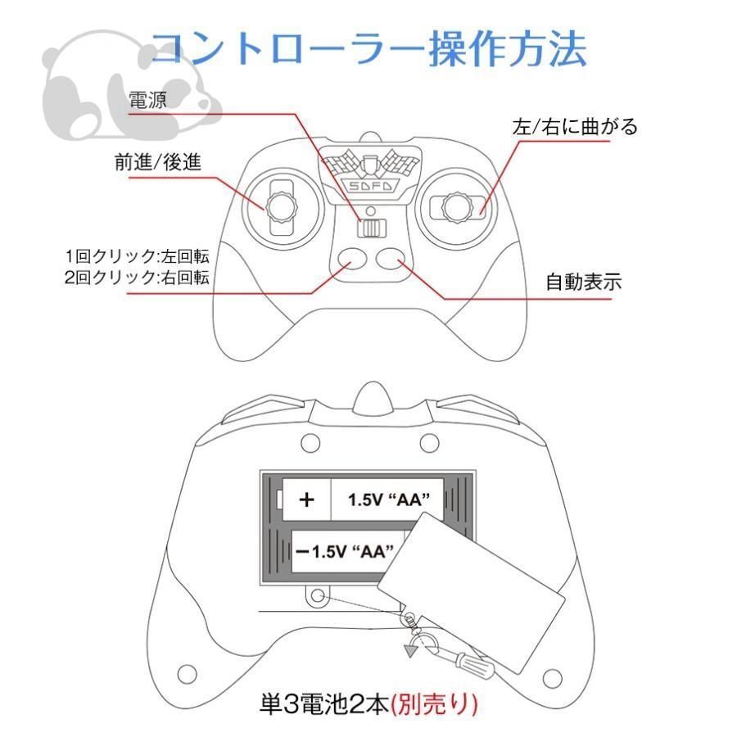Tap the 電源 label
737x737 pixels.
click(x=148, y=101)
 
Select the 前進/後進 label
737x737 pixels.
click(x=158, y=162)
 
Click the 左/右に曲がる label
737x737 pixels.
click(x=574, y=127)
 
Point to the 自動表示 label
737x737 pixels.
click(x=584, y=283)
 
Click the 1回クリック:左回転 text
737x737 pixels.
click(x=137, y=254)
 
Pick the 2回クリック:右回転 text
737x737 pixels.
click(x=137, y=277)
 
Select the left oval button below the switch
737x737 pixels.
click(x=351, y=259)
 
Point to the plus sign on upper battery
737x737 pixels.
click(x=307, y=500)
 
